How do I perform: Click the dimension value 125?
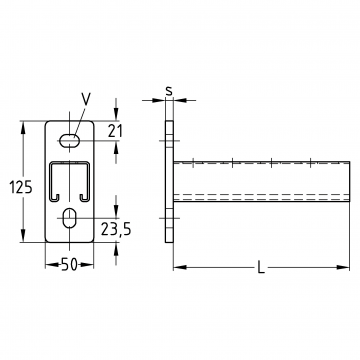point(21,187)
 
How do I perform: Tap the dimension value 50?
point(70,265)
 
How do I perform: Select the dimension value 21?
point(115,131)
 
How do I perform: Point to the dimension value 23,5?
point(116,229)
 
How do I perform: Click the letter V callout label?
point(86,99)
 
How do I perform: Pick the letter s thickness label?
point(169,91)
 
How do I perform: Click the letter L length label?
point(261,267)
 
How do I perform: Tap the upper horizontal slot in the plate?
point(69,140)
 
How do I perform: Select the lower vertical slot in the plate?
point(69,218)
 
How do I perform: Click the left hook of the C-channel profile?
point(55,198)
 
